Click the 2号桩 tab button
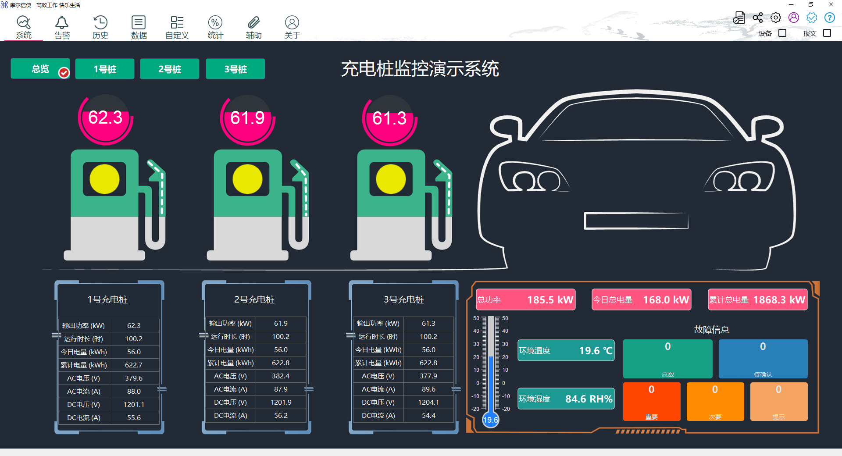click(x=169, y=69)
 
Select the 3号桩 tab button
click(x=235, y=69)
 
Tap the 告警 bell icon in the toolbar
click(x=62, y=22)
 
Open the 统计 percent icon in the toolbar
click(x=215, y=22)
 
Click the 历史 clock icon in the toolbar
click(x=100, y=22)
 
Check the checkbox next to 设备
click(x=782, y=33)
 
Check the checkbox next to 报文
click(x=827, y=33)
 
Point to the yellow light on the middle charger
click(x=247, y=179)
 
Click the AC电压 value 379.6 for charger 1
click(x=134, y=378)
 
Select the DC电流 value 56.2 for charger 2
click(x=281, y=415)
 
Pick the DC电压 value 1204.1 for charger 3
click(x=428, y=402)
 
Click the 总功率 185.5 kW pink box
click(x=525, y=299)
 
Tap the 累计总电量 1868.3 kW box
click(x=757, y=299)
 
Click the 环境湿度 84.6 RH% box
click(x=566, y=399)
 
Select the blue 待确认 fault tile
click(x=763, y=359)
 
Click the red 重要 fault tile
click(x=651, y=401)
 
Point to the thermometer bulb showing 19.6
click(x=490, y=420)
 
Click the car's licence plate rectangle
click(x=636, y=221)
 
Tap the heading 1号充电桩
click(x=107, y=299)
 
